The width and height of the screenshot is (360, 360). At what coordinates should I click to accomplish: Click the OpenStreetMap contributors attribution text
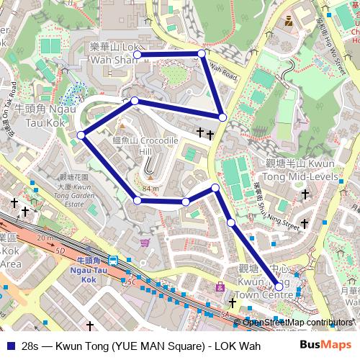click(298, 323)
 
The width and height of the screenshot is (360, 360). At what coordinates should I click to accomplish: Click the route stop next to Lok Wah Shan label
click(136, 54)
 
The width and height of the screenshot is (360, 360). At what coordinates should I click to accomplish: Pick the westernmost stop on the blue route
click(81, 135)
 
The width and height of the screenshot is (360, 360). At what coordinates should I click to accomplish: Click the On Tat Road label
click(8, 119)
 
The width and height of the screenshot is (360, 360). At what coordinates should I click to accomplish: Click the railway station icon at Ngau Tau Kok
click(114, 261)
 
